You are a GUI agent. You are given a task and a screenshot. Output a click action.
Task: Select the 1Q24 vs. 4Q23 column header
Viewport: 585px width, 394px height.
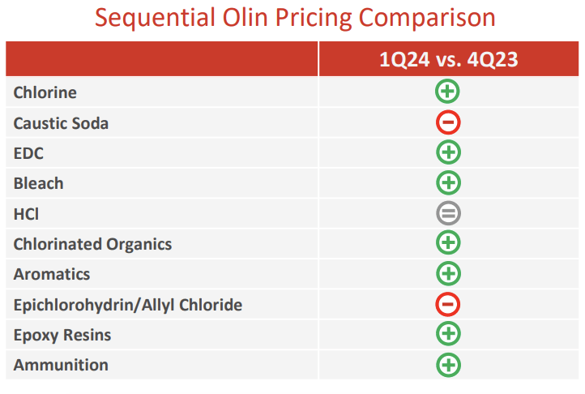[448, 59]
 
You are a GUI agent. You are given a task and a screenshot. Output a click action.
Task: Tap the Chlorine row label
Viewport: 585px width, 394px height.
[45, 92]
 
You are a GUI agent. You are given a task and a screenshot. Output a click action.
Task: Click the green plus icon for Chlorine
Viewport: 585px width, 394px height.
[448, 92]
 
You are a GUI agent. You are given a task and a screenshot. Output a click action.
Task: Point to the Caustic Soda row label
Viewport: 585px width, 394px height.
[61, 123]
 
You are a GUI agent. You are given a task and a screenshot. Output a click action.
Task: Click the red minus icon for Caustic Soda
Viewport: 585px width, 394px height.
[448, 122]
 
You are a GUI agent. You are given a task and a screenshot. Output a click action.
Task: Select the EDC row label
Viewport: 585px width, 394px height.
[28, 153]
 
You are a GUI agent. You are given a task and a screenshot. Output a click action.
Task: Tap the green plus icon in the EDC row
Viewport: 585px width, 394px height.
[448, 152]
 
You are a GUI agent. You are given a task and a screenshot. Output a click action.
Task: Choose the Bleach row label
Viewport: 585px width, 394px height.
[38, 183]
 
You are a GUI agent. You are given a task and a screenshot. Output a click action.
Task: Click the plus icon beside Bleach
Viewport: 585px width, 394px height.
[448, 182]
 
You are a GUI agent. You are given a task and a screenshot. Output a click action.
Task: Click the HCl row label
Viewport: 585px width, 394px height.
[26, 213]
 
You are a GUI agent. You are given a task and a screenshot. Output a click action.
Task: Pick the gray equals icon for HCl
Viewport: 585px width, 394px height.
[448, 213]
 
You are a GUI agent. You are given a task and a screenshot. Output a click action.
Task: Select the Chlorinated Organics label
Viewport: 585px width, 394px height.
[92, 244]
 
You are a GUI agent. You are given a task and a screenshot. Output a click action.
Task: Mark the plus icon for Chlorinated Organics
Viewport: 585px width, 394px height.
[448, 242]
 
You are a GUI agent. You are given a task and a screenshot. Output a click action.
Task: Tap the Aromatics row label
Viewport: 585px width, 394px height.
[52, 274]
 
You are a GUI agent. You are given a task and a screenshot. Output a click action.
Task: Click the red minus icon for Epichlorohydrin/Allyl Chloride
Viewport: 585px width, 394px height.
[448, 304]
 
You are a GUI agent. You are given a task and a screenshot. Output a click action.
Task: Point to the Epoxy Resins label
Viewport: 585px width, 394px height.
[62, 335]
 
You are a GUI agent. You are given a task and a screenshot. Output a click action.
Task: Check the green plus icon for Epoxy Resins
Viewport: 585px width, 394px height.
[448, 334]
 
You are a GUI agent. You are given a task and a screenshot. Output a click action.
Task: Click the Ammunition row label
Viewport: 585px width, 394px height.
[61, 365]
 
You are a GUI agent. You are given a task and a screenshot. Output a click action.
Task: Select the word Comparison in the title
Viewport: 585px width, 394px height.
[425, 18]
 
